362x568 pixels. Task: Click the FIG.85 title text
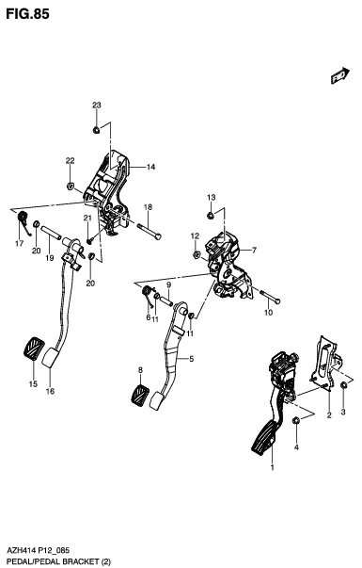coord(27,14)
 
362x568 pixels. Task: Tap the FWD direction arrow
coord(340,75)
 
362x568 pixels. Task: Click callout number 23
coord(97,105)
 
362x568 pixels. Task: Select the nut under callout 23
coord(97,129)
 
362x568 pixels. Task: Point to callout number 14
coord(150,167)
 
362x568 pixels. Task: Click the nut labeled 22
coord(71,187)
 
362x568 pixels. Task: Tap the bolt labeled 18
coord(149,232)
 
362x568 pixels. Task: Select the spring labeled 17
coord(24,221)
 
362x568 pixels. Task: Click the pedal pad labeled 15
coord(34,349)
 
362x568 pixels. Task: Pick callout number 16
coord(50,391)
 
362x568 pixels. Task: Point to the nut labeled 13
coord(210,216)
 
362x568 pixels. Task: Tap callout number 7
coord(254,250)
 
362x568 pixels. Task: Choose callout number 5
coord(192,359)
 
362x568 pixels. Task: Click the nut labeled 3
coord(343,386)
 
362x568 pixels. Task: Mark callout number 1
coord(273,467)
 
